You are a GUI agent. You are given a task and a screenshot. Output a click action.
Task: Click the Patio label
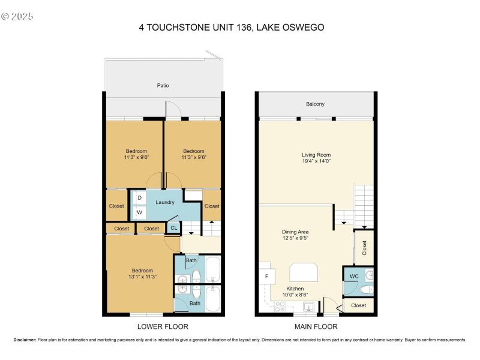pyautogui.click(x=163, y=86)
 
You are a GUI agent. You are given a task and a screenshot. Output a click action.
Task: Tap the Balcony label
pyautogui.click(x=315, y=104)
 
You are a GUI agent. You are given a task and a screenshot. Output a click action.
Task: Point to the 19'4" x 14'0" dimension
pyautogui.click(x=316, y=161)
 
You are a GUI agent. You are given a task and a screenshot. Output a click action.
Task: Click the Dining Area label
pyautogui.click(x=295, y=232)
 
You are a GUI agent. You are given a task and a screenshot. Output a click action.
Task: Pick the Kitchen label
pyautogui.click(x=295, y=289)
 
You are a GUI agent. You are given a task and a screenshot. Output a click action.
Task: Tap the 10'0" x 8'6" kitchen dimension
pyautogui.click(x=295, y=295)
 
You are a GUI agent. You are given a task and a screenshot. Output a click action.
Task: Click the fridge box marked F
pyautogui.click(x=267, y=277)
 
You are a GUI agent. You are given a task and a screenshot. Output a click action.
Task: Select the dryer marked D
pyautogui.click(x=139, y=197)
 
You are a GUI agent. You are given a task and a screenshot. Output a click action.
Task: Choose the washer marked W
pyautogui.click(x=139, y=212)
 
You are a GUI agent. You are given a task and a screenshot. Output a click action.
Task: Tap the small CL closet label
pyautogui.click(x=173, y=228)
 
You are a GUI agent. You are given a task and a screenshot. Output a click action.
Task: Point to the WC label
pyautogui.click(x=354, y=276)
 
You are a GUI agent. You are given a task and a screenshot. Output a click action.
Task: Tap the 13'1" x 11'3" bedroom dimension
pyautogui.click(x=142, y=277)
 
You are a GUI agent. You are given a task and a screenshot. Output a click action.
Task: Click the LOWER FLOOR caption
pyautogui.click(x=163, y=327)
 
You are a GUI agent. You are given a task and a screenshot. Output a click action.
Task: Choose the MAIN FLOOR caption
pyautogui.click(x=316, y=327)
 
